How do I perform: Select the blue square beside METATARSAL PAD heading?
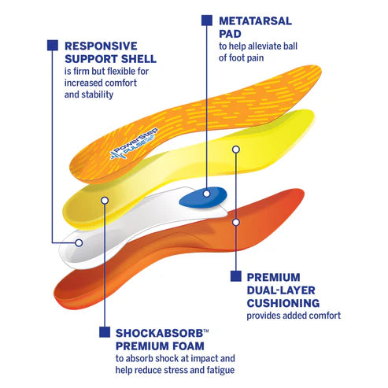(206, 20)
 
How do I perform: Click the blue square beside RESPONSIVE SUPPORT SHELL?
(52, 45)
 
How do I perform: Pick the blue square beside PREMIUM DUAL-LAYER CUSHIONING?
(235, 276)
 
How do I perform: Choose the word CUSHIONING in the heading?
(283, 302)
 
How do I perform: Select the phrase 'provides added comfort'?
(294, 316)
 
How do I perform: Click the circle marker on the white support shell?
(79, 243)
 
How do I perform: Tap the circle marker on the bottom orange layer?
(235, 222)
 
